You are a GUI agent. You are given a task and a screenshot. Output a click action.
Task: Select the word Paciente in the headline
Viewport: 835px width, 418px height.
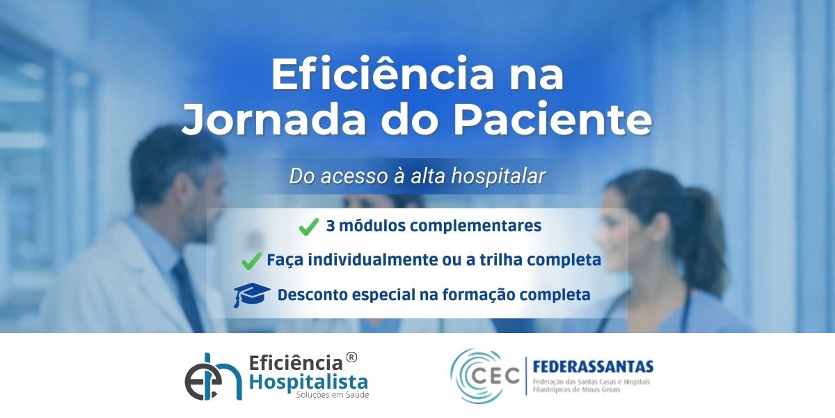pyautogui.click(x=552, y=118)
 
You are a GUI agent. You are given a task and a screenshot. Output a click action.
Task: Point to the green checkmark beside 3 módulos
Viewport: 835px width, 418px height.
pyautogui.click(x=309, y=226)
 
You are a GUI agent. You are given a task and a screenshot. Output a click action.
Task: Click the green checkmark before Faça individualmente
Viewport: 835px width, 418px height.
pyautogui.click(x=252, y=261)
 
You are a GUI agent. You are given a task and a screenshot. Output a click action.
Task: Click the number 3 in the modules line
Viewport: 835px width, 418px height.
pyautogui.click(x=331, y=226)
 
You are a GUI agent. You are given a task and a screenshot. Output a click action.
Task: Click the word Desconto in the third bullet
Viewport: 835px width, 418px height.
pyautogui.click(x=312, y=295)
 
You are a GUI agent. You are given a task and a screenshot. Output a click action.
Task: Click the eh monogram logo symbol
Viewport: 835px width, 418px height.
pyautogui.click(x=213, y=376)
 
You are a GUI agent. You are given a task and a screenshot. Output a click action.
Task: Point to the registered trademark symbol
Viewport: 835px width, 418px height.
pyautogui.click(x=351, y=357)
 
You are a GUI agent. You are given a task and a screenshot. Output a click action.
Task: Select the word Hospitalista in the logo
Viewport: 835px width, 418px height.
pyautogui.click(x=308, y=382)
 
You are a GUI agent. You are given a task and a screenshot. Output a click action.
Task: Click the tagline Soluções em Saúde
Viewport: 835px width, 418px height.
pyautogui.click(x=332, y=395)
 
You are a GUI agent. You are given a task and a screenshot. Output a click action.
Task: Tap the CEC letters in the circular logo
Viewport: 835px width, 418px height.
pyautogui.click(x=495, y=376)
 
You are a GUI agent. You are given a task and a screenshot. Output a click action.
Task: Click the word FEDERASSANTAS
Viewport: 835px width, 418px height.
pyautogui.click(x=593, y=367)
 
